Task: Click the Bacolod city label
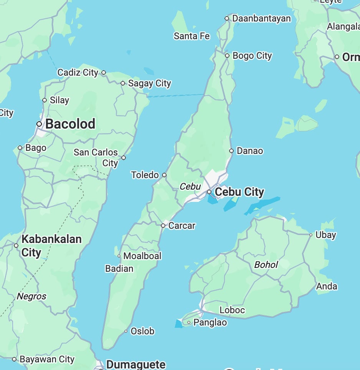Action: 70,124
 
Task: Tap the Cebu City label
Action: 239,192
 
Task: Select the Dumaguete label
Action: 136,364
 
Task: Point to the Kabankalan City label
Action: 51,246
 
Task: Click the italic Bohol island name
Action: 266,264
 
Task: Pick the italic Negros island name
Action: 31,296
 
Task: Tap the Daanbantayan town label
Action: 261,18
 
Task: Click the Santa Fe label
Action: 192,36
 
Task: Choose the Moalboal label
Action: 142,256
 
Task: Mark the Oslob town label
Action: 142,331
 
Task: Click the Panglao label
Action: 210,322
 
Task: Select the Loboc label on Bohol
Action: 232,310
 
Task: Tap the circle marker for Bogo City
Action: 227,56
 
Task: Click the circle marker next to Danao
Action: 231,151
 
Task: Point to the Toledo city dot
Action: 164,175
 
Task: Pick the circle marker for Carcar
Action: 163,226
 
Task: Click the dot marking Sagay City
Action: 123,83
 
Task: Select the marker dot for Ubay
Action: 311,235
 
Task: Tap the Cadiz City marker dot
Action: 104,73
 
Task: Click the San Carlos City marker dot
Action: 124,158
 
